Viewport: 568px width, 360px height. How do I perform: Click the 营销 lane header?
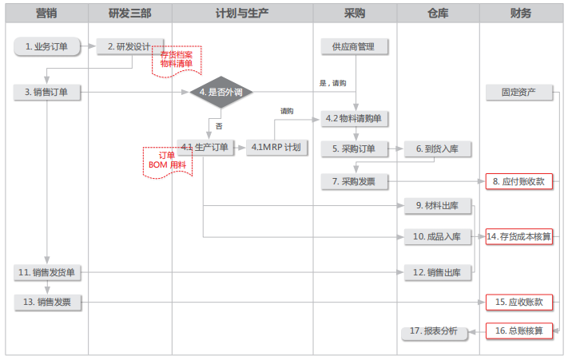(46, 14)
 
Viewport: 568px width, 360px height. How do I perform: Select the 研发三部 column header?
(129, 14)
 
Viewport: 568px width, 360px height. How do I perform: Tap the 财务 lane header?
(520, 14)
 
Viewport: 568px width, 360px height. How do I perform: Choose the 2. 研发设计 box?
(129, 46)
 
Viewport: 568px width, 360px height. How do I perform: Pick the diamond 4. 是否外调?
(221, 93)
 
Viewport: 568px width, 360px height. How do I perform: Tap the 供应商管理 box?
(354, 46)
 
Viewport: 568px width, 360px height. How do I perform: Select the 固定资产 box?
(519, 93)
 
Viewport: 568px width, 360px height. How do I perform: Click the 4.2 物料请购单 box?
(354, 119)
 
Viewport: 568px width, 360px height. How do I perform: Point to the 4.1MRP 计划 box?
(275, 148)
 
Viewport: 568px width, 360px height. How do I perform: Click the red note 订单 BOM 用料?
(167, 160)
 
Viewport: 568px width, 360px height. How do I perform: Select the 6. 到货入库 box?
(437, 148)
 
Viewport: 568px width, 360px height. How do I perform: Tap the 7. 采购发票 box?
(354, 182)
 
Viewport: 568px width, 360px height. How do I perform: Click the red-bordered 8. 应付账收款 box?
(519, 182)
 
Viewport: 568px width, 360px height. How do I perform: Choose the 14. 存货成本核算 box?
(519, 236)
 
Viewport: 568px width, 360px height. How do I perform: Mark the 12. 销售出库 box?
(437, 273)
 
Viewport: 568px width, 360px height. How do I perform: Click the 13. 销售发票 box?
(46, 302)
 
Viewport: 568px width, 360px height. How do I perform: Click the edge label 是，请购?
(332, 82)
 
